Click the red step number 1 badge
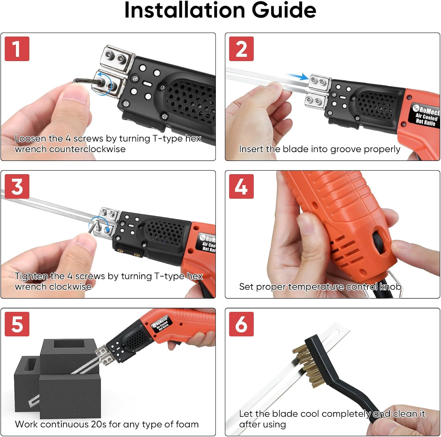tap(17, 49)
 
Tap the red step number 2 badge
tap(241, 49)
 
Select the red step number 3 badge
tap(17, 186)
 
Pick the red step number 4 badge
tap(241, 186)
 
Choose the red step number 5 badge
tap(17, 324)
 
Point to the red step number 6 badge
tap(241, 324)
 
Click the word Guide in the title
tap(284, 10)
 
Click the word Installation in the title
tap(185, 10)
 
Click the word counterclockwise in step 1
tap(87, 149)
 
